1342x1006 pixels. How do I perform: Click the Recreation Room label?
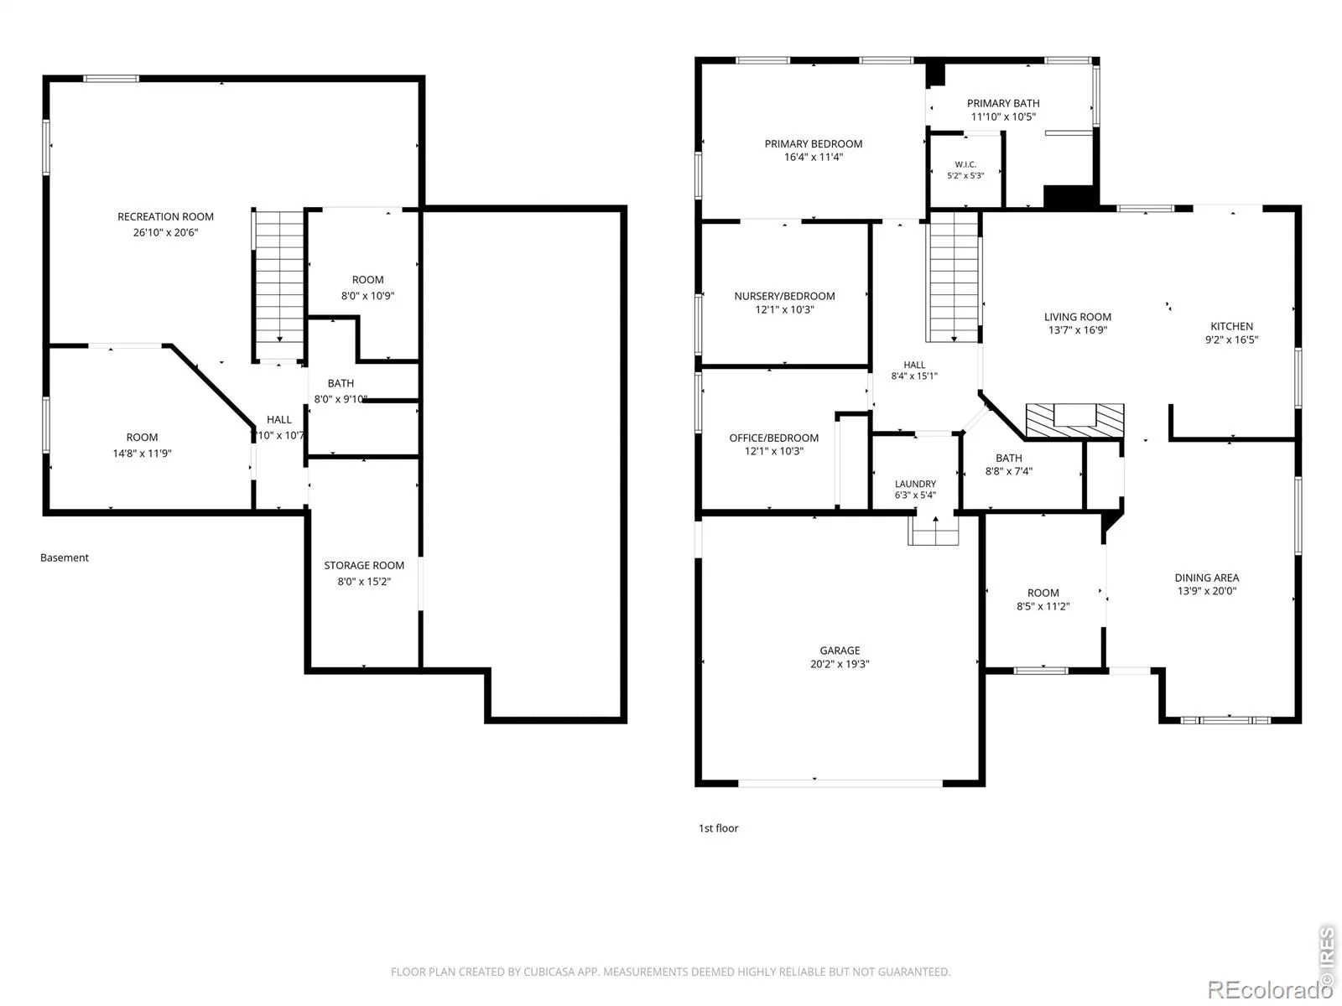166,217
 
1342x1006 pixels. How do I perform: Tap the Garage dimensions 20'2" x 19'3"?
840,664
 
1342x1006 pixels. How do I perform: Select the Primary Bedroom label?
813,143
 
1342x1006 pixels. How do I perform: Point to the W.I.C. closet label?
965,164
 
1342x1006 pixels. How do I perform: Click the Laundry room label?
915,484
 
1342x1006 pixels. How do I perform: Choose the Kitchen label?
1231,326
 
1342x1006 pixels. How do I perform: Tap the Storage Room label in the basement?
364,566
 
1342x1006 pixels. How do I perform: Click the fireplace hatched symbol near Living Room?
1074,420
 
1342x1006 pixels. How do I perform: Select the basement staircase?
279,285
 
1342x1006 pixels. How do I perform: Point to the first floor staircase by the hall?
954,277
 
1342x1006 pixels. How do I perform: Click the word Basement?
65,557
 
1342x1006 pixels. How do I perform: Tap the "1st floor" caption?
718,828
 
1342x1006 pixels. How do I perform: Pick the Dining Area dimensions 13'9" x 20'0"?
1206,591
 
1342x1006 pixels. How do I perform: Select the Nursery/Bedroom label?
784,296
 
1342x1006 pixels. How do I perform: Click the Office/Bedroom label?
773,438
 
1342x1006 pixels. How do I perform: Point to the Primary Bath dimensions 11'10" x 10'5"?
1002,117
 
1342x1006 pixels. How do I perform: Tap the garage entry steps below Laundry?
933,530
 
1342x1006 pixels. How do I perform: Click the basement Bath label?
341,384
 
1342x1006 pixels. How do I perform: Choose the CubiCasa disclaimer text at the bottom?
670,972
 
